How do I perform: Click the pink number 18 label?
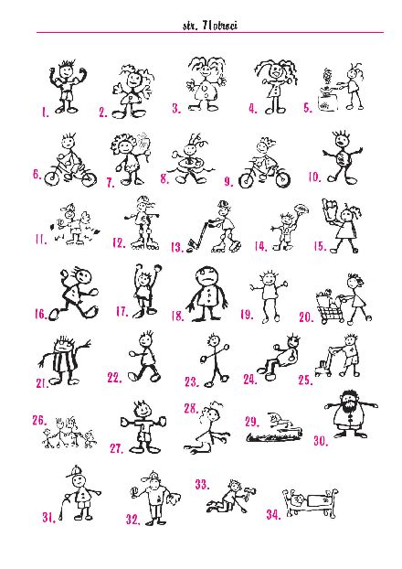click(x=177, y=317)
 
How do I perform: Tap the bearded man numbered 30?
click(x=351, y=413)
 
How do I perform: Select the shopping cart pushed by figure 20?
click(x=331, y=307)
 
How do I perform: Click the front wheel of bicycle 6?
click(x=52, y=178)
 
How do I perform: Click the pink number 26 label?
click(x=39, y=420)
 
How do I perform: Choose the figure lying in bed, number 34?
click(x=310, y=502)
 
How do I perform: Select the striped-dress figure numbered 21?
click(x=64, y=360)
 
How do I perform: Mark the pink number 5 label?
click(x=307, y=108)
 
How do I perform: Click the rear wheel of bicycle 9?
click(x=246, y=180)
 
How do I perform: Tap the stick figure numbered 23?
click(x=215, y=360)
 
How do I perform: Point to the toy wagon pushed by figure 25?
click(x=324, y=363)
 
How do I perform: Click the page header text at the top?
click(x=210, y=26)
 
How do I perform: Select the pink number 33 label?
click(x=202, y=485)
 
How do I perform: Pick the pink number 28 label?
click(x=191, y=408)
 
